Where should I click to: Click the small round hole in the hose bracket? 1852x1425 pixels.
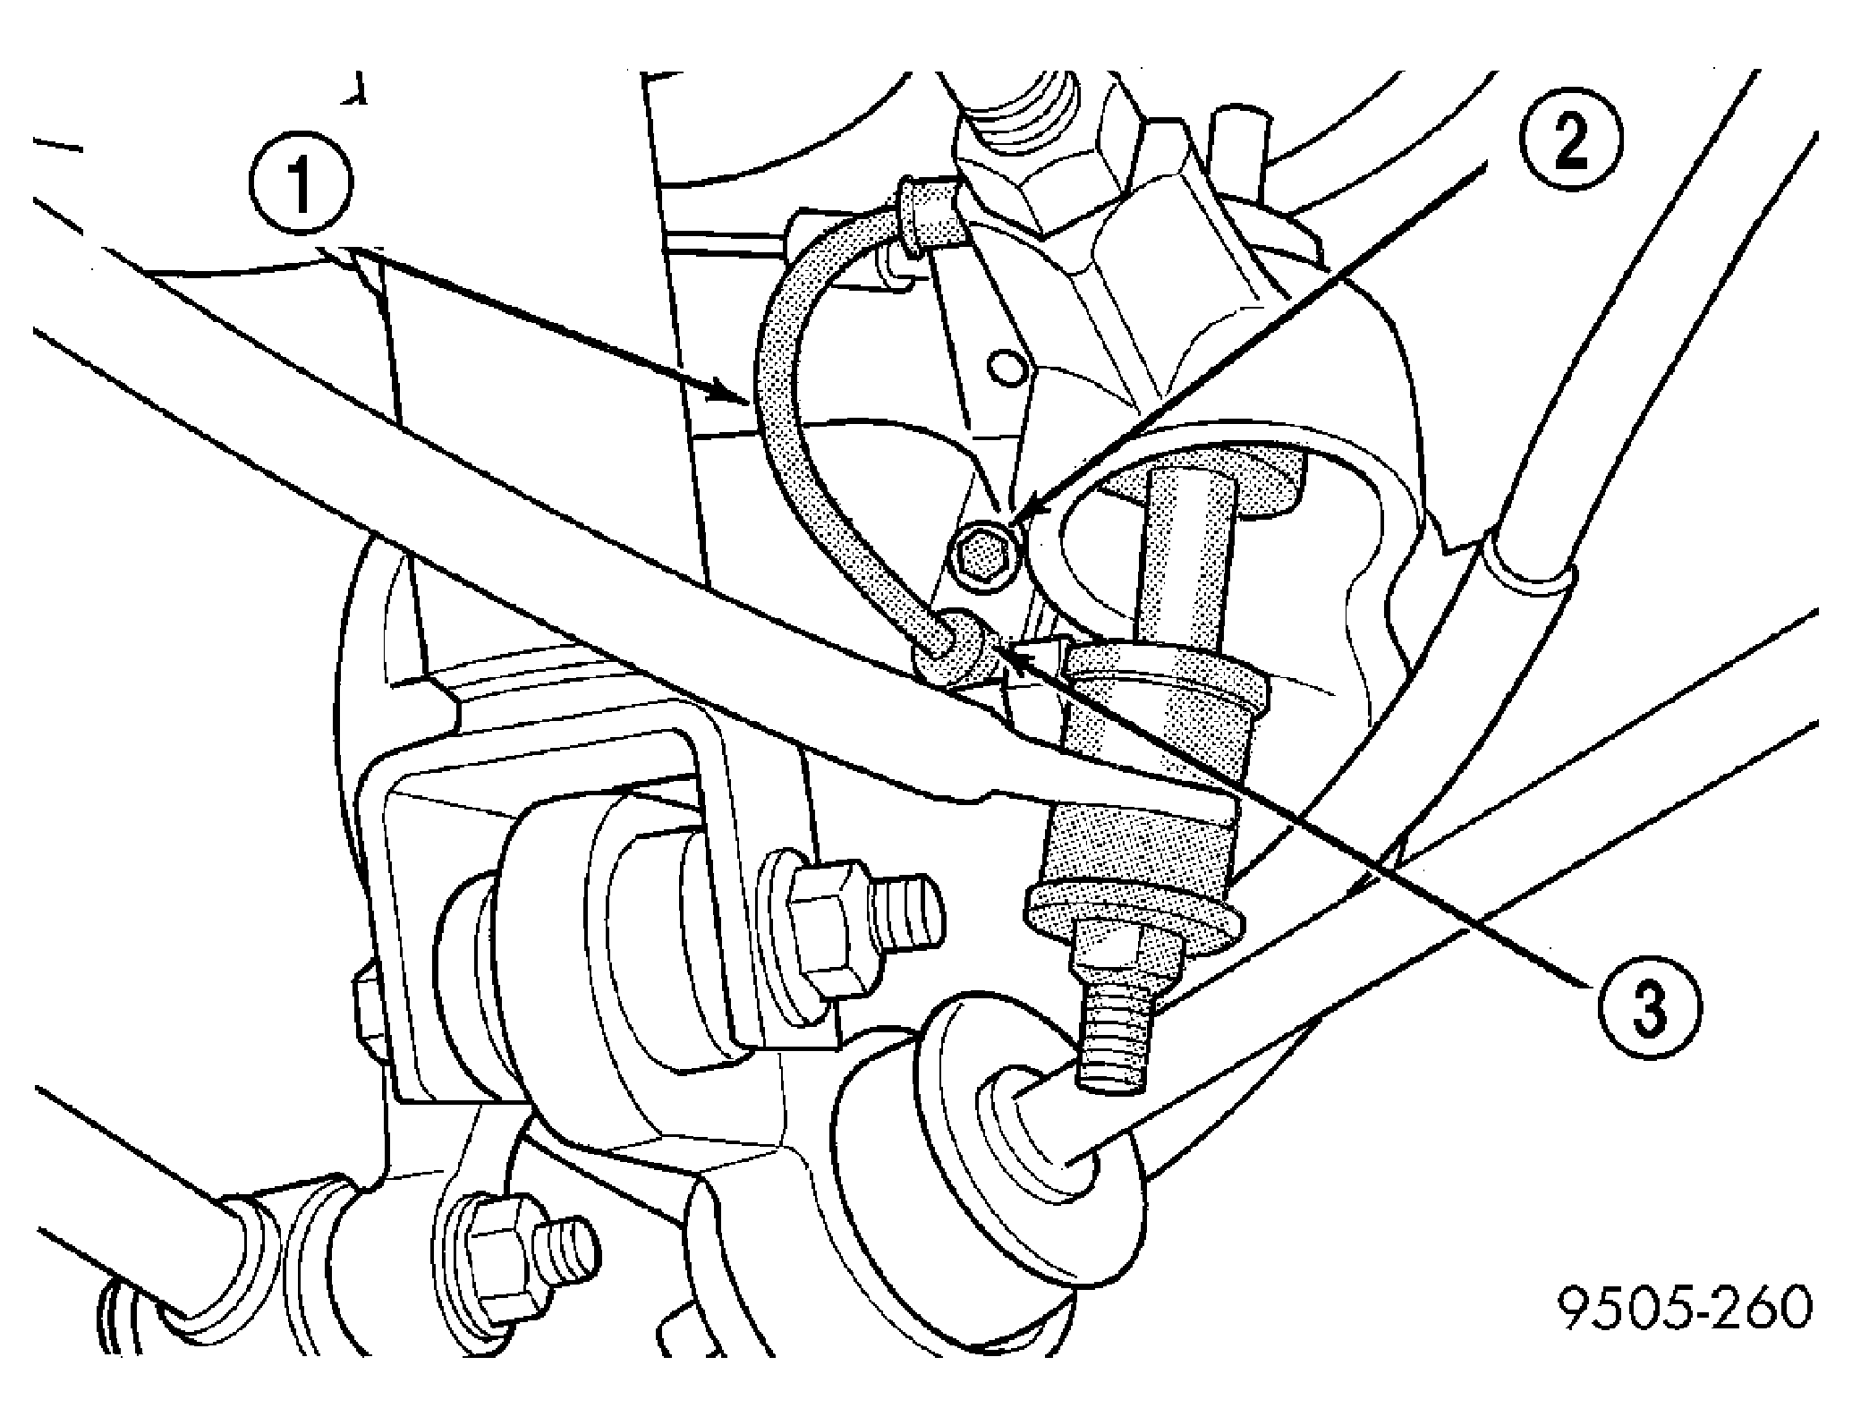(x=1006, y=366)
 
